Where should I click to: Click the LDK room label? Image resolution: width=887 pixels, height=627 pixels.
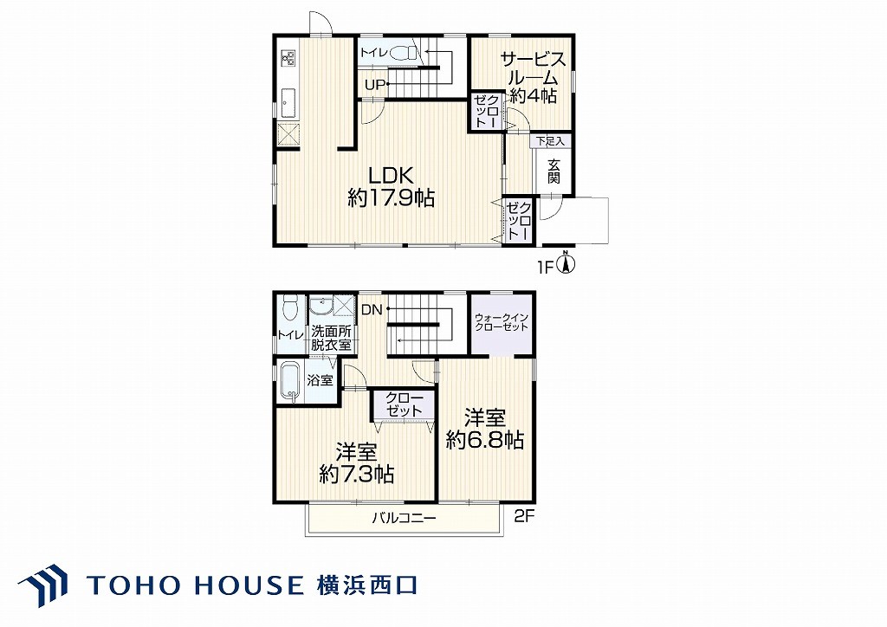pos(392,174)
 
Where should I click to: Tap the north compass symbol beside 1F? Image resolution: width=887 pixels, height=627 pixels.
pos(567,263)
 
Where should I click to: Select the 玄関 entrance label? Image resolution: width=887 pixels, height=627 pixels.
pos(554,171)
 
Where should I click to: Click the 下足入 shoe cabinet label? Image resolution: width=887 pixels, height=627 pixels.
pos(550,141)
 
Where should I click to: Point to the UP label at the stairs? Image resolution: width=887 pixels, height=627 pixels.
pos(375,86)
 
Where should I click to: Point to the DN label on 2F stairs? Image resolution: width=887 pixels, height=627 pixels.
pos(372,309)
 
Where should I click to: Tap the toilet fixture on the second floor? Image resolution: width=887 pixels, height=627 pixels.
pos(288,308)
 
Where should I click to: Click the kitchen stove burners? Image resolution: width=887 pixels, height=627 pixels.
pos(288,57)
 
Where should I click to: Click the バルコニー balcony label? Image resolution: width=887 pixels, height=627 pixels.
pos(404,518)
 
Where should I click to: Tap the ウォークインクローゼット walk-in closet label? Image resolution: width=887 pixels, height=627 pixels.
pos(502,321)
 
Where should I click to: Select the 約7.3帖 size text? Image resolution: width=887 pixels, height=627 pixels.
pos(356,474)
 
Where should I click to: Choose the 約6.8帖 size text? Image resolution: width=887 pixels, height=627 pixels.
pos(484,439)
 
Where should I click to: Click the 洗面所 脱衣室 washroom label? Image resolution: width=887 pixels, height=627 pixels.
pos(331,338)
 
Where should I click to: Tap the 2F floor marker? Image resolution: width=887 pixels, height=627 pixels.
pos(524,516)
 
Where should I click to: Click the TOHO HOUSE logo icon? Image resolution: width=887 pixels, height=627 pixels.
pos(42,585)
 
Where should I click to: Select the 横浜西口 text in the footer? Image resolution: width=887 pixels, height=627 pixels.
pos(367,585)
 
